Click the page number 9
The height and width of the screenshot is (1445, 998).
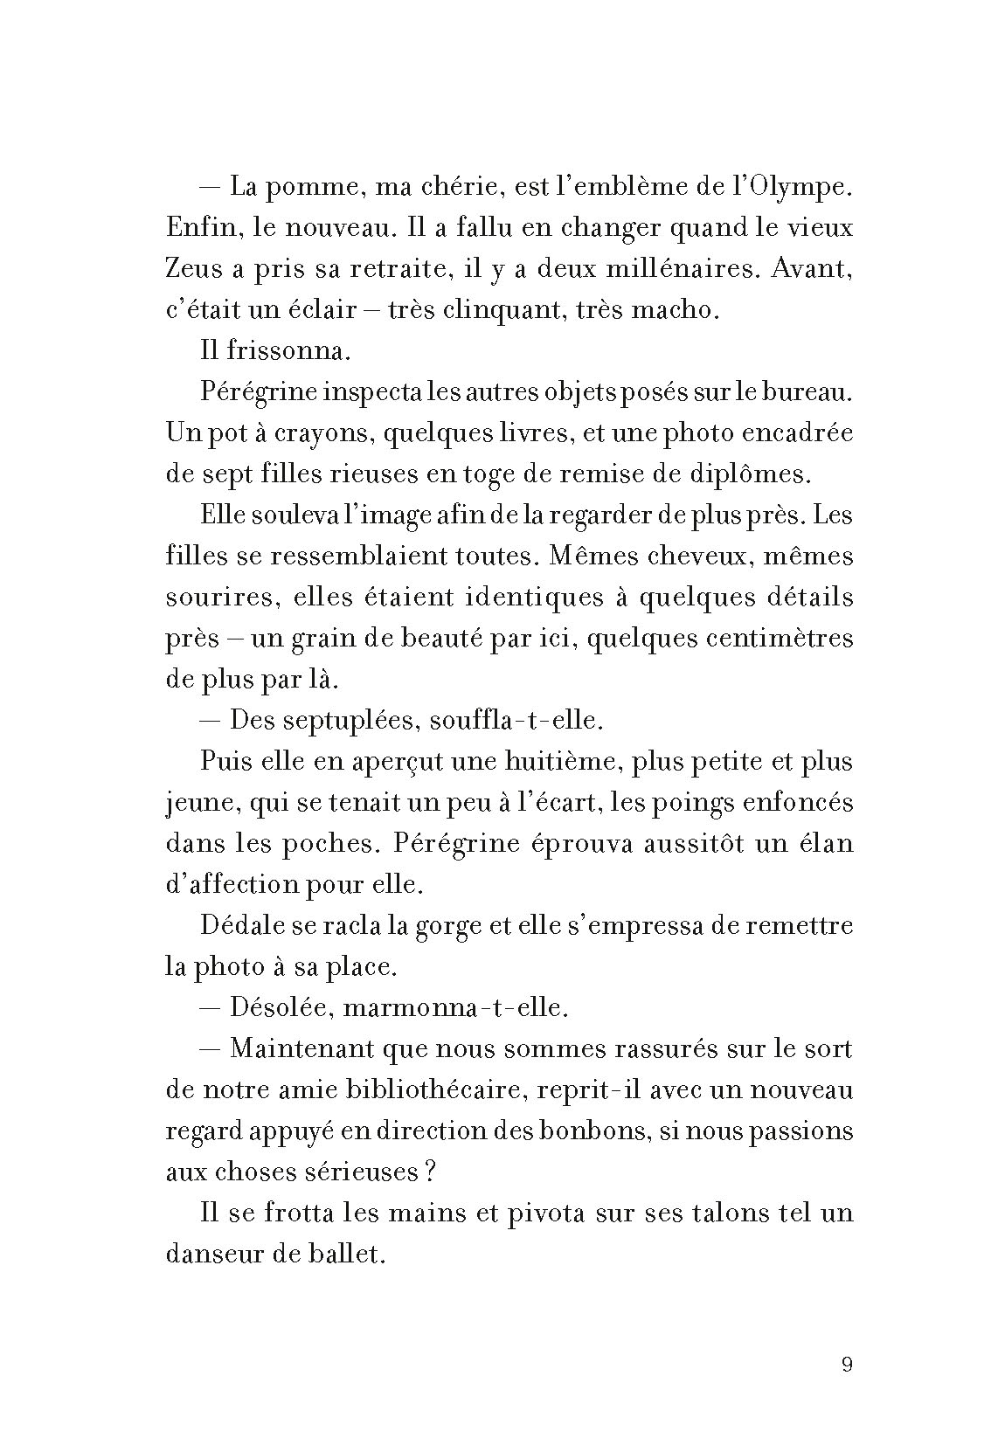(x=846, y=1365)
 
